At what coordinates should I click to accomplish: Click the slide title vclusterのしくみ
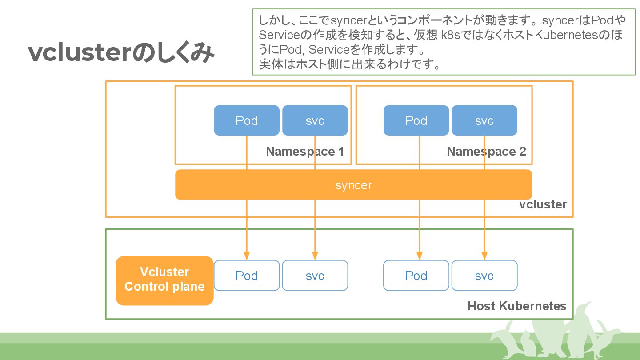point(121,52)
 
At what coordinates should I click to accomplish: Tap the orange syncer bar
point(353,184)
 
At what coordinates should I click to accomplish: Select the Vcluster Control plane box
point(164,280)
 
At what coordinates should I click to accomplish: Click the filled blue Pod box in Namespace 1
point(247,120)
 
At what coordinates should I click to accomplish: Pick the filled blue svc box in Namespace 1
point(315,120)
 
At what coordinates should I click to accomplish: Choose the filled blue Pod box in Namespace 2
point(416,120)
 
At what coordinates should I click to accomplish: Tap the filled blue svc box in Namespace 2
point(484,120)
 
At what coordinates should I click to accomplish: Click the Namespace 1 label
point(305,152)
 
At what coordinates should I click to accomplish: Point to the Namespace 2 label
point(486,152)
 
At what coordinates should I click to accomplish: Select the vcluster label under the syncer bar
point(543,204)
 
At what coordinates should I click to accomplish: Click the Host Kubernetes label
point(517,306)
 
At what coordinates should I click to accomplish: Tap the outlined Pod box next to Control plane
point(247,276)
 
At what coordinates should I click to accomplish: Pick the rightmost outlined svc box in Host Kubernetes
point(484,276)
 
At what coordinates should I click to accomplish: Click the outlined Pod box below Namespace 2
point(416,276)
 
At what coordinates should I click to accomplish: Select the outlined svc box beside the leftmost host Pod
point(315,276)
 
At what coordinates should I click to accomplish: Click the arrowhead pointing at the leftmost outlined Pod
point(247,256)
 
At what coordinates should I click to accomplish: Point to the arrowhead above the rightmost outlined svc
point(484,256)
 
